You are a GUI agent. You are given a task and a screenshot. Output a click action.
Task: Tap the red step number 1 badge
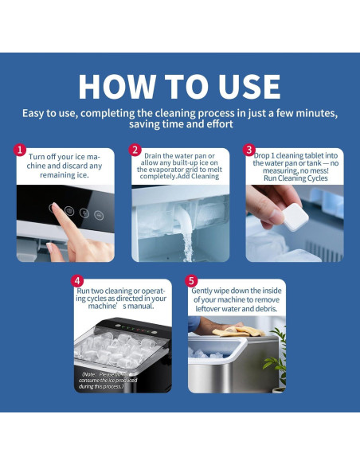21,150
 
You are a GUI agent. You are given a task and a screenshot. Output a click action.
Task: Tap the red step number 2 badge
135,150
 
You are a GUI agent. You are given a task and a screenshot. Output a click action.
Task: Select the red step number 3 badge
249,150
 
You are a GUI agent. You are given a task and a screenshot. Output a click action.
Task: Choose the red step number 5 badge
192,281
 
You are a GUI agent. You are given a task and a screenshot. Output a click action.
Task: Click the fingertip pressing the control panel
55,209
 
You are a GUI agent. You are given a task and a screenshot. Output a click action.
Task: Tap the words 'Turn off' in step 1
41,157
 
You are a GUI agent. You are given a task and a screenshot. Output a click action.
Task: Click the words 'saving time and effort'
180,124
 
